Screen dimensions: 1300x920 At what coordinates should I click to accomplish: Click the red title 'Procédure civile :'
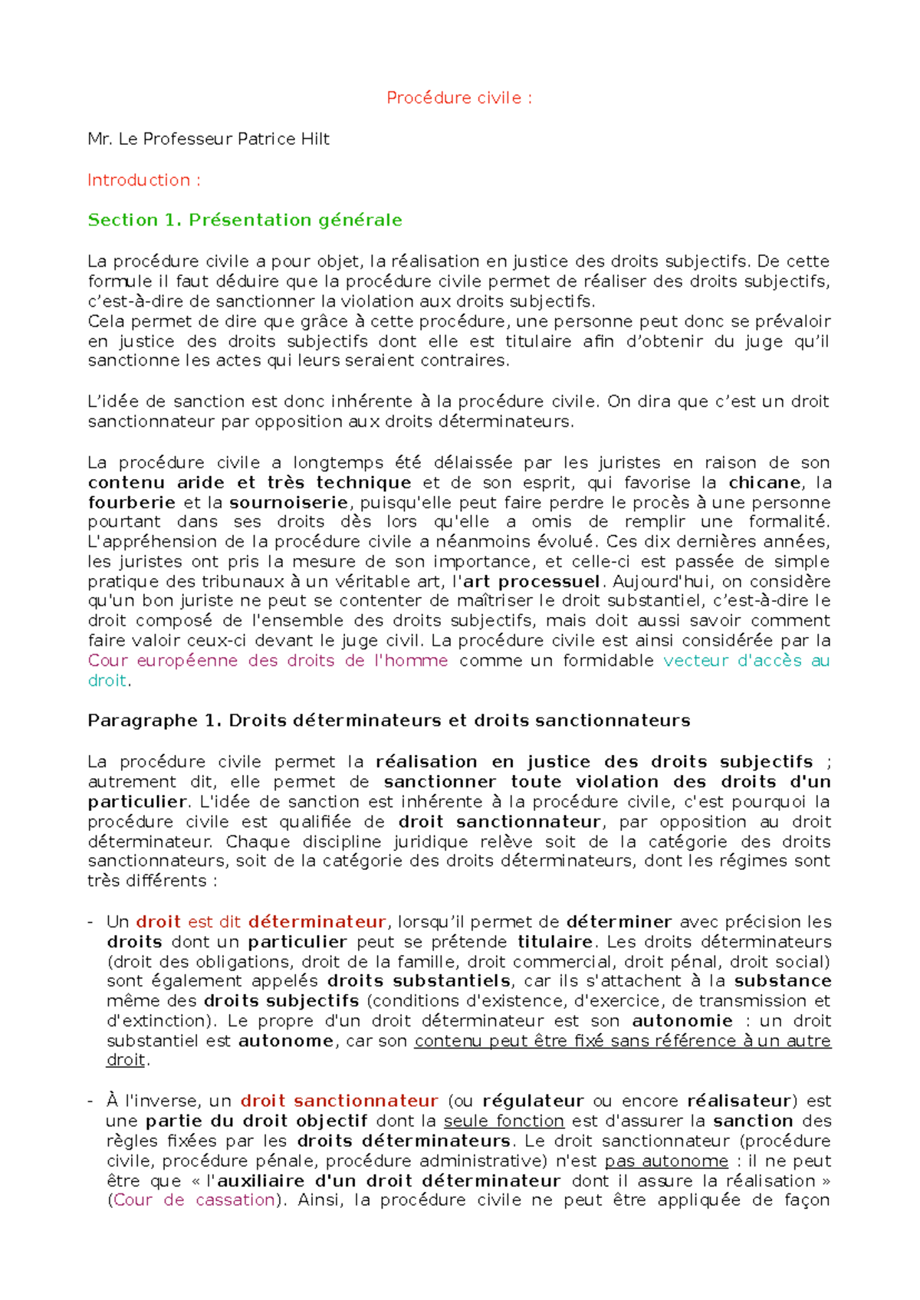click(x=458, y=98)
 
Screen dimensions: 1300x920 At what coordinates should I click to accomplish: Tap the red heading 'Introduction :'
click(x=144, y=180)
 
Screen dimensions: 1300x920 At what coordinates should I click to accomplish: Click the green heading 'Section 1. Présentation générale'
click(x=245, y=220)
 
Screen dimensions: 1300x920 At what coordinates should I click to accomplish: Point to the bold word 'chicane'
click(x=764, y=483)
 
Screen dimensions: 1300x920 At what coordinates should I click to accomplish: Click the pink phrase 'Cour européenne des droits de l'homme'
click(x=268, y=661)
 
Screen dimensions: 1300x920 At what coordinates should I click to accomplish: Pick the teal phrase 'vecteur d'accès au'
click(x=746, y=661)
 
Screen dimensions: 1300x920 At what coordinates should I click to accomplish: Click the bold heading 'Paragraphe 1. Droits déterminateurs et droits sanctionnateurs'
click(x=389, y=721)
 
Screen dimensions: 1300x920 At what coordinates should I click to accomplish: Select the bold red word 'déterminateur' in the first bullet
click(x=317, y=921)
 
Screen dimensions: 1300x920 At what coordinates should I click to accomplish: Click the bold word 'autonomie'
click(x=682, y=1021)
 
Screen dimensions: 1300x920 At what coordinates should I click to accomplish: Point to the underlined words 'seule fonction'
click(x=504, y=1121)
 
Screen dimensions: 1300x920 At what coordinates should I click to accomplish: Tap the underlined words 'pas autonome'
click(x=666, y=1160)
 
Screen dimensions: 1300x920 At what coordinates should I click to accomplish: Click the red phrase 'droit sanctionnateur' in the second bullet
click(x=339, y=1101)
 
